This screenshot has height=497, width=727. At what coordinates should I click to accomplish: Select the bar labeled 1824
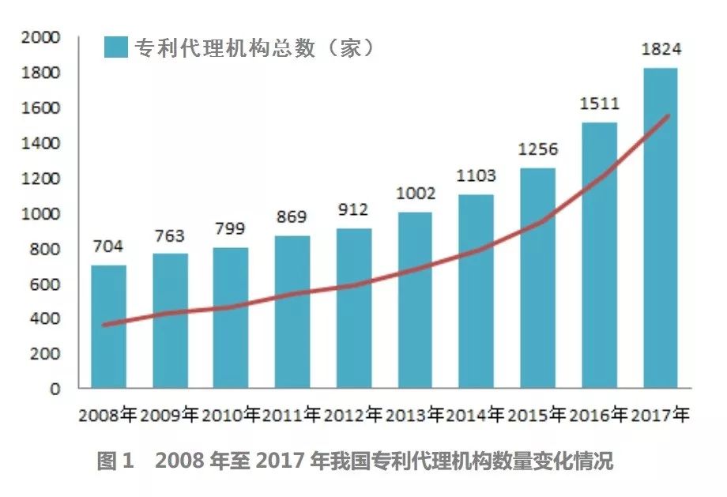(660, 229)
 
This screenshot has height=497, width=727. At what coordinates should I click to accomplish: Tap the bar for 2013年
(415, 300)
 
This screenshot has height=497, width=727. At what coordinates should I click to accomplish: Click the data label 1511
(599, 104)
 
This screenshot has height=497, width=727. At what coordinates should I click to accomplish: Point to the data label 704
(108, 247)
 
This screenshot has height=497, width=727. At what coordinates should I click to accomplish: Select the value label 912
(353, 211)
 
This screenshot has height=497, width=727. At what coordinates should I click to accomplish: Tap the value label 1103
(476, 176)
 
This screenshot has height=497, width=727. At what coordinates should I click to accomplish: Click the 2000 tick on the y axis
(42, 37)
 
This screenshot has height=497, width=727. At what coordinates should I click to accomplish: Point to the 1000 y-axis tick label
(42, 213)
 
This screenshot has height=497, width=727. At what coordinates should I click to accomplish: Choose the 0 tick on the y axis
(55, 389)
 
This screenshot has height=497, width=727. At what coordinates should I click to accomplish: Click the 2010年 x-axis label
(231, 414)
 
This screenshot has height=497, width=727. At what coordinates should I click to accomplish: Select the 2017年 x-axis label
(660, 414)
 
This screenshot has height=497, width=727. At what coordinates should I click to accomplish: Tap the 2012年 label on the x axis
(353, 414)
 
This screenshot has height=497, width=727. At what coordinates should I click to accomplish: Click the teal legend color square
(116, 47)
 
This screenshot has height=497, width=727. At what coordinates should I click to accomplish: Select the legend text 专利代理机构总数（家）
(254, 47)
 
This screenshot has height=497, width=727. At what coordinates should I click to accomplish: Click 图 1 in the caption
(117, 461)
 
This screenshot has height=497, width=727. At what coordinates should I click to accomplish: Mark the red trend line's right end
(669, 116)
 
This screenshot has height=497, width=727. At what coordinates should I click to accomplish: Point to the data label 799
(231, 230)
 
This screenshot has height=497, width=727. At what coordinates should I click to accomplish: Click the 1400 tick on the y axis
(42, 143)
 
